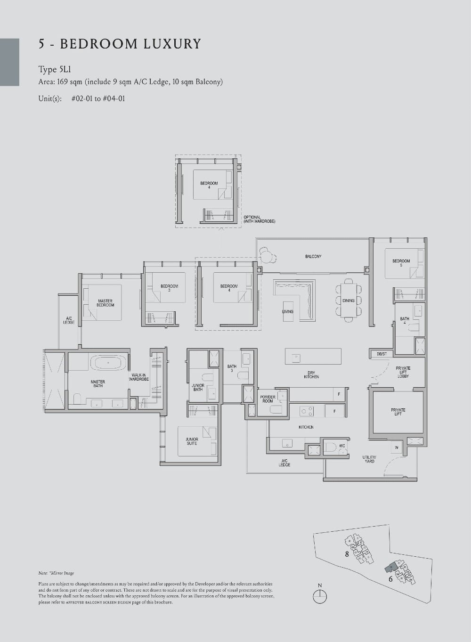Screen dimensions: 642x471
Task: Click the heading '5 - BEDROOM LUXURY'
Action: pos(120,44)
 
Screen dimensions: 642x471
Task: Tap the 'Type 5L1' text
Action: pos(54,70)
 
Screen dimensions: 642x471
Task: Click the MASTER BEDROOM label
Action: pos(105,303)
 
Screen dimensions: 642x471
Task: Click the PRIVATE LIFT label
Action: pos(398,412)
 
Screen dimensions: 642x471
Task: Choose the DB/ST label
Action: pos(382,354)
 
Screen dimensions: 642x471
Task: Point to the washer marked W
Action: pos(397,447)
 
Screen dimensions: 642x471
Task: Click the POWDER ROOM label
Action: pos(268,399)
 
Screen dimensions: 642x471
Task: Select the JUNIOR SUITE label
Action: pos(192,441)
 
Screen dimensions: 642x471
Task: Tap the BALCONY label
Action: pos(313,256)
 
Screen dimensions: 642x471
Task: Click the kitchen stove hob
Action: pos(307,412)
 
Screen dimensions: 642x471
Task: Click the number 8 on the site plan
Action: pos(347,554)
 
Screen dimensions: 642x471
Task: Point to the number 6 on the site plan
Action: pos(390,579)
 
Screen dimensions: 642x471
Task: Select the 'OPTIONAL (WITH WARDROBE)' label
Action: pos(259,219)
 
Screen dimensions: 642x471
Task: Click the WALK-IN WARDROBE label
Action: pos(139,377)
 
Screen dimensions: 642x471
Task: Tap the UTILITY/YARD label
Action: pos(369,459)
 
